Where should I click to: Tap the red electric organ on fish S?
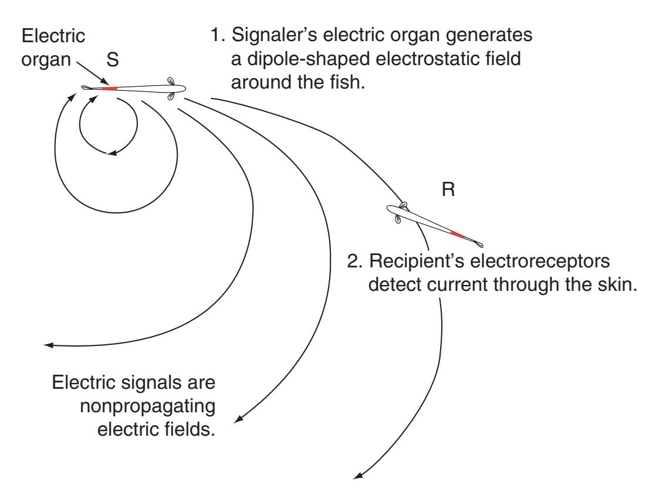[110, 89]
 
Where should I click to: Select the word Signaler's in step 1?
[279, 36]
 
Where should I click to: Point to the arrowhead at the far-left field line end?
[50, 345]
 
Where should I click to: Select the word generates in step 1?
[492, 36]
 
